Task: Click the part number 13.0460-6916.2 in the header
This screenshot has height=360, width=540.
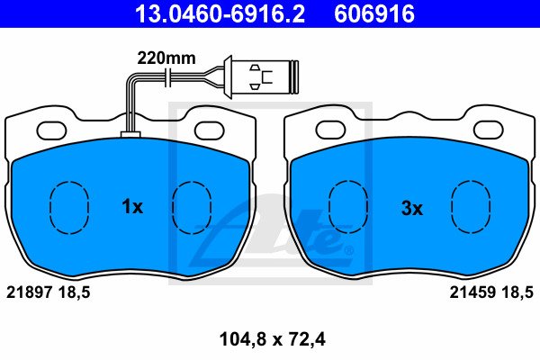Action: (x=220, y=13)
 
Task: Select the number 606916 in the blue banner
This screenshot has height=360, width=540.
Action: (x=374, y=13)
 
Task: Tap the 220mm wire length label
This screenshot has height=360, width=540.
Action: (x=166, y=58)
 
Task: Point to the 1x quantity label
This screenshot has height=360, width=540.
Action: (x=132, y=207)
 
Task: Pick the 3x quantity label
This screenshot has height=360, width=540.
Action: (x=412, y=209)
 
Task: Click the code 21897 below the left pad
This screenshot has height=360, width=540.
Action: (x=30, y=292)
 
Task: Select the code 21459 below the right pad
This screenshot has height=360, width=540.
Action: (x=472, y=292)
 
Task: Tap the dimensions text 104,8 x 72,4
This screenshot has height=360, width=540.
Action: (x=272, y=339)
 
